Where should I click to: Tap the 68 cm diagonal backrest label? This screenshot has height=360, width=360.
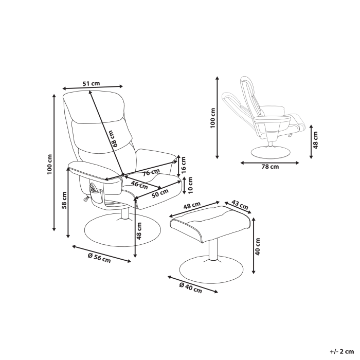click(116, 138)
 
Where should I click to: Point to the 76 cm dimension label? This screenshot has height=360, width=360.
click(150, 173)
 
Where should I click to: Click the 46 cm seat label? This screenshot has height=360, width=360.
click(137, 183)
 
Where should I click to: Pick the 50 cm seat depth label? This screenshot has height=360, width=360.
click(160, 193)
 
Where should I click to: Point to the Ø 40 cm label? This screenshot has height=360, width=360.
click(190, 288)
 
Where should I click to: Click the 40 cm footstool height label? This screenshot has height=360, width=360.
click(258, 247)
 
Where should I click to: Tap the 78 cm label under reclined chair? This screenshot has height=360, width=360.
click(269, 167)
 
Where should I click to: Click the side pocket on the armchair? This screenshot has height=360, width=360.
click(95, 192)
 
